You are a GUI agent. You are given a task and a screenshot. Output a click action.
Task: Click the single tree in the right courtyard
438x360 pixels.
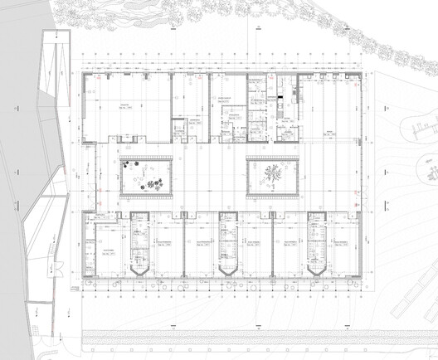coord(272,173)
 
